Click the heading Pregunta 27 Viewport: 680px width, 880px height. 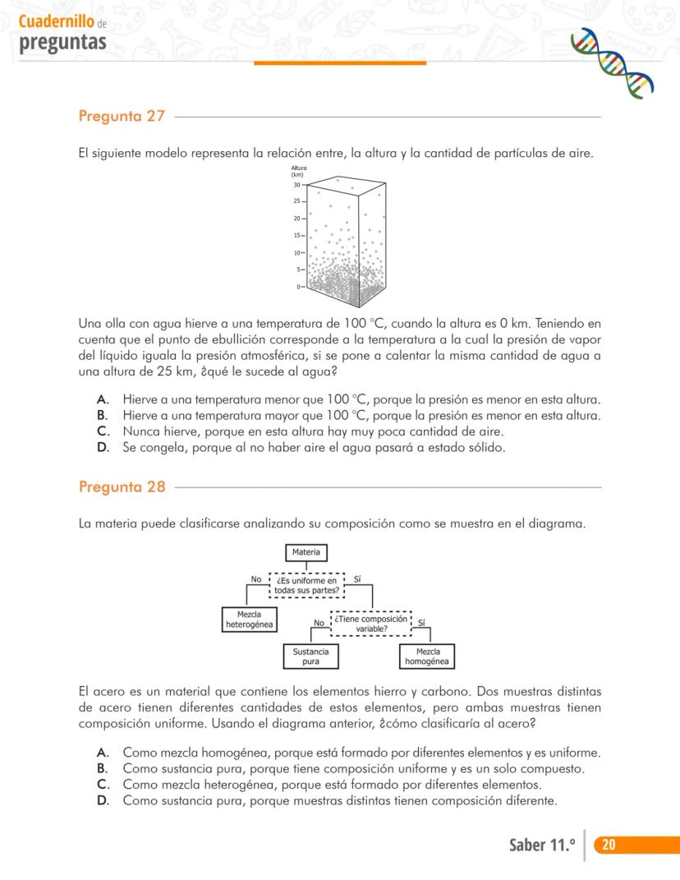(122, 117)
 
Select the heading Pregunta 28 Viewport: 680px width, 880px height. (122, 486)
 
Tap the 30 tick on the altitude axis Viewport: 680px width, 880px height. (298, 185)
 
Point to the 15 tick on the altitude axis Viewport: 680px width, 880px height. (298, 236)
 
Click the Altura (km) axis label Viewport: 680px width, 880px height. (298, 171)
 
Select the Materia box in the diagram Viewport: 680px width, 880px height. (306, 552)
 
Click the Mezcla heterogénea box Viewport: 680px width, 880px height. (250, 620)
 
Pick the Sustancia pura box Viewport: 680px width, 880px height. (310, 656)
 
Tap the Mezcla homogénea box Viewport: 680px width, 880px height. (428, 656)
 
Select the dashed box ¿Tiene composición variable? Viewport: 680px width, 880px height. (371, 624)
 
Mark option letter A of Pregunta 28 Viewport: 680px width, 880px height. (103, 753)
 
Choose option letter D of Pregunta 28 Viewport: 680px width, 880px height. (103, 800)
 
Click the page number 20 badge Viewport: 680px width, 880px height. (609, 845)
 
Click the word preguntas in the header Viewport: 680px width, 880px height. (62, 41)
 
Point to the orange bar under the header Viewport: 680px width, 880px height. (340, 62)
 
